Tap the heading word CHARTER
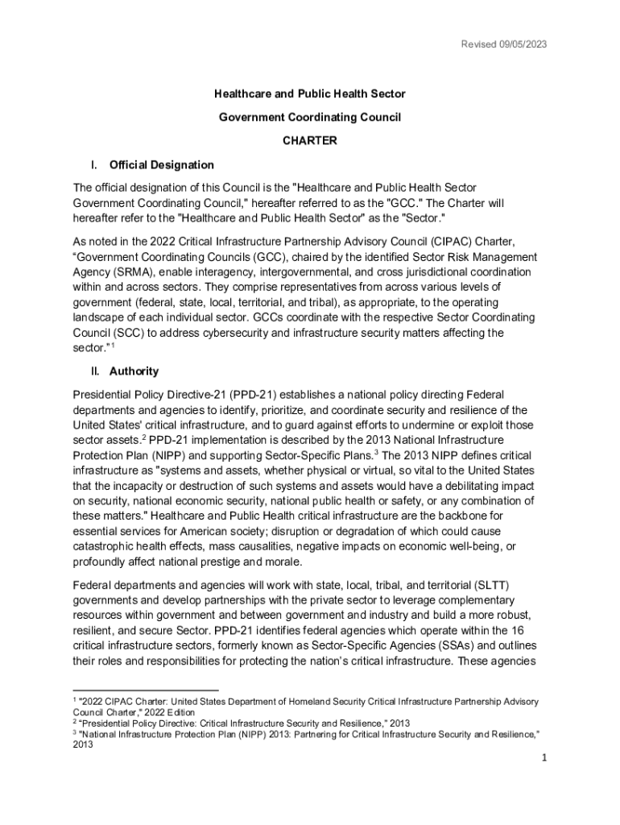coord(309,140)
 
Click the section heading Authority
coord(134,371)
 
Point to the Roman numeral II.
coord(94,371)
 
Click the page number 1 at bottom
coord(544,759)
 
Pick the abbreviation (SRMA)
coord(119,272)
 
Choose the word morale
coord(279,562)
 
